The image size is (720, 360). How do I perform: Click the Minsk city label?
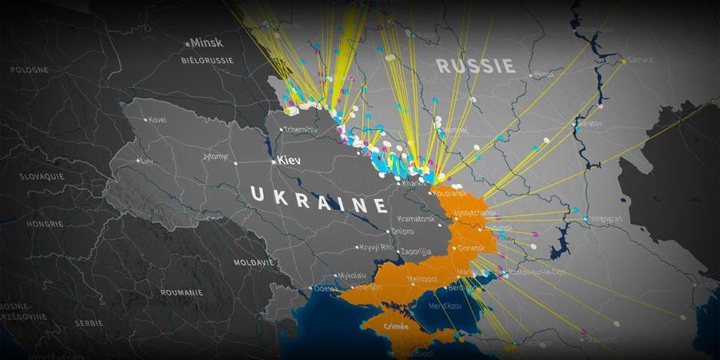(206, 43)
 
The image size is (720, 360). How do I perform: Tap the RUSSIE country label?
(475, 65)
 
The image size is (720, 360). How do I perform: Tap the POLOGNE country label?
(29, 69)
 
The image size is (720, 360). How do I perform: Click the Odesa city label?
(326, 288)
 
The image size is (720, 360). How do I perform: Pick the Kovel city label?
(157, 120)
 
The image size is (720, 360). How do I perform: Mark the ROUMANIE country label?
(182, 292)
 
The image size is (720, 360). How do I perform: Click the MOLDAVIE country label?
(254, 262)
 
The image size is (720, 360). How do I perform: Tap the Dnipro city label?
(402, 231)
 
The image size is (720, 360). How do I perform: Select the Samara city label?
(640, 59)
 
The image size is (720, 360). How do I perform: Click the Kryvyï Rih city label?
(376, 248)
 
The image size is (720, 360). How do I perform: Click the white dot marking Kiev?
(274, 162)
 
